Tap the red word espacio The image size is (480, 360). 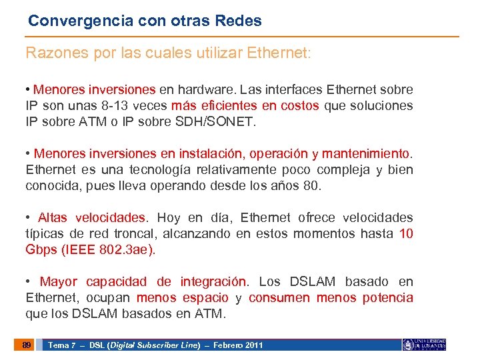pyautogui.click(x=205, y=298)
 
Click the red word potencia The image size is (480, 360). pyautogui.click(x=387, y=298)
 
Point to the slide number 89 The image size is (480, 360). pyautogui.click(x=26, y=345)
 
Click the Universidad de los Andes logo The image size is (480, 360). pyautogui.click(x=424, y=345)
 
